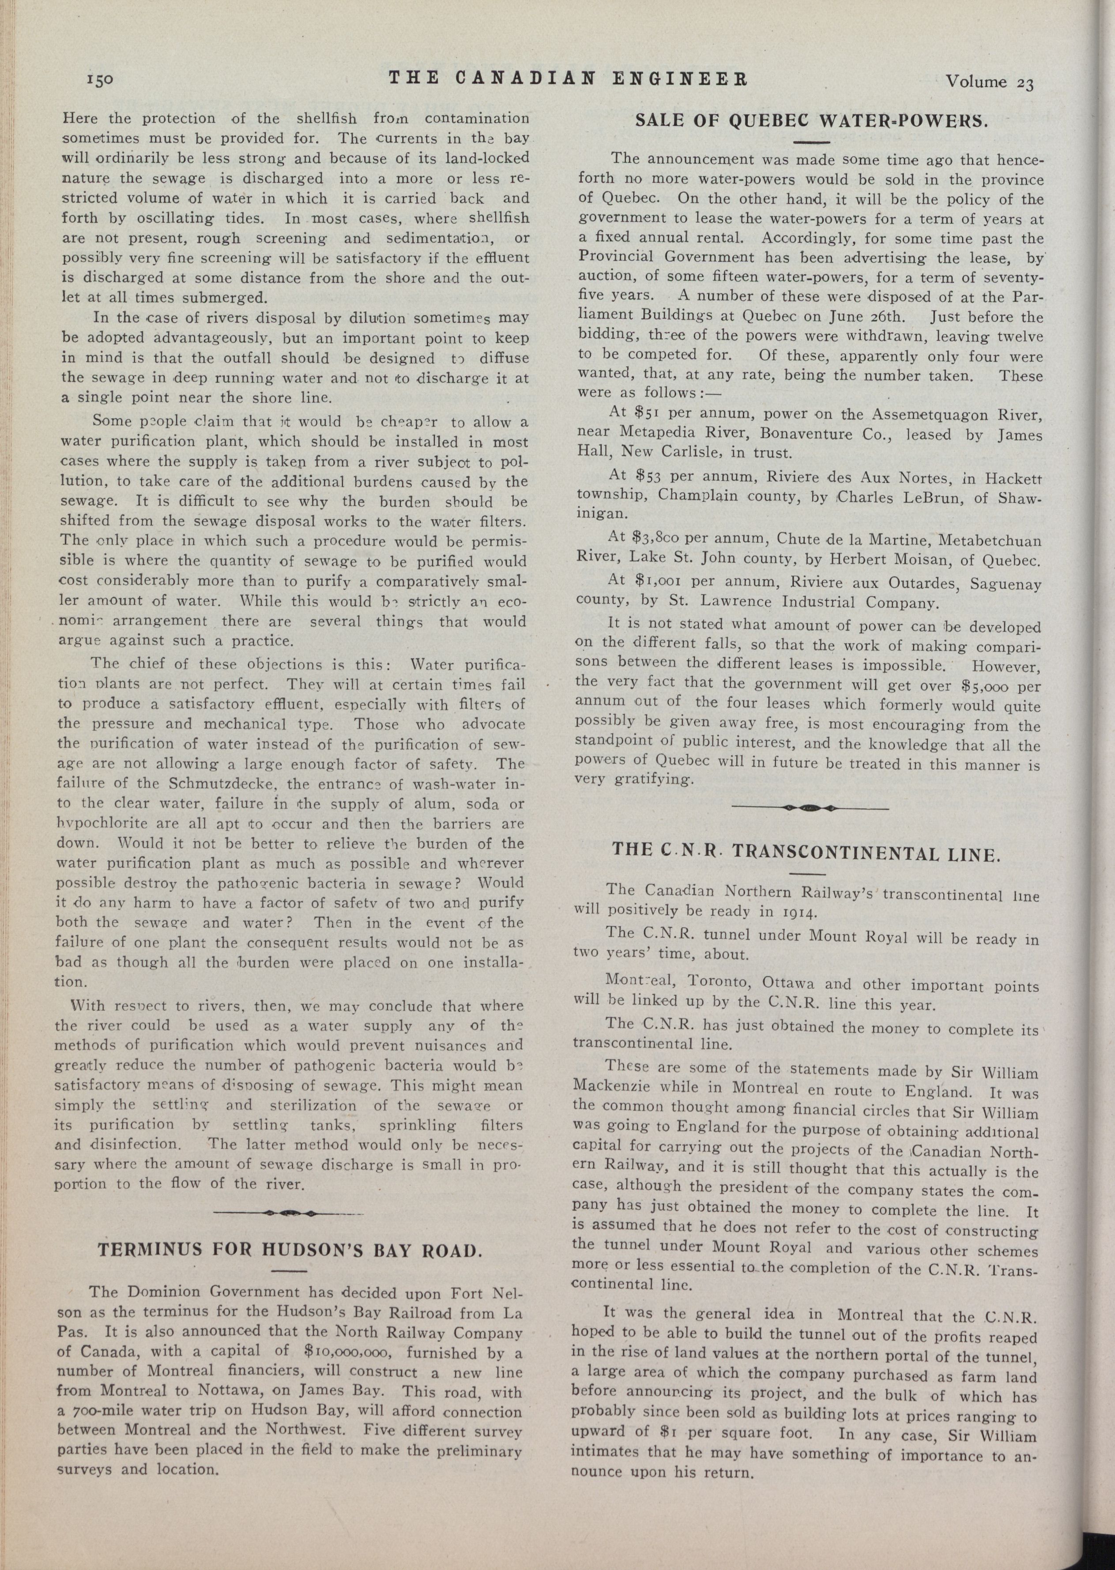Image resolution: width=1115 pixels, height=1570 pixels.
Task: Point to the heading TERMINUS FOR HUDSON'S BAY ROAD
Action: [291, 1249]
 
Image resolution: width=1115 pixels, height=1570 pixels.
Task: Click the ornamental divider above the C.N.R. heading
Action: [810, 808]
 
